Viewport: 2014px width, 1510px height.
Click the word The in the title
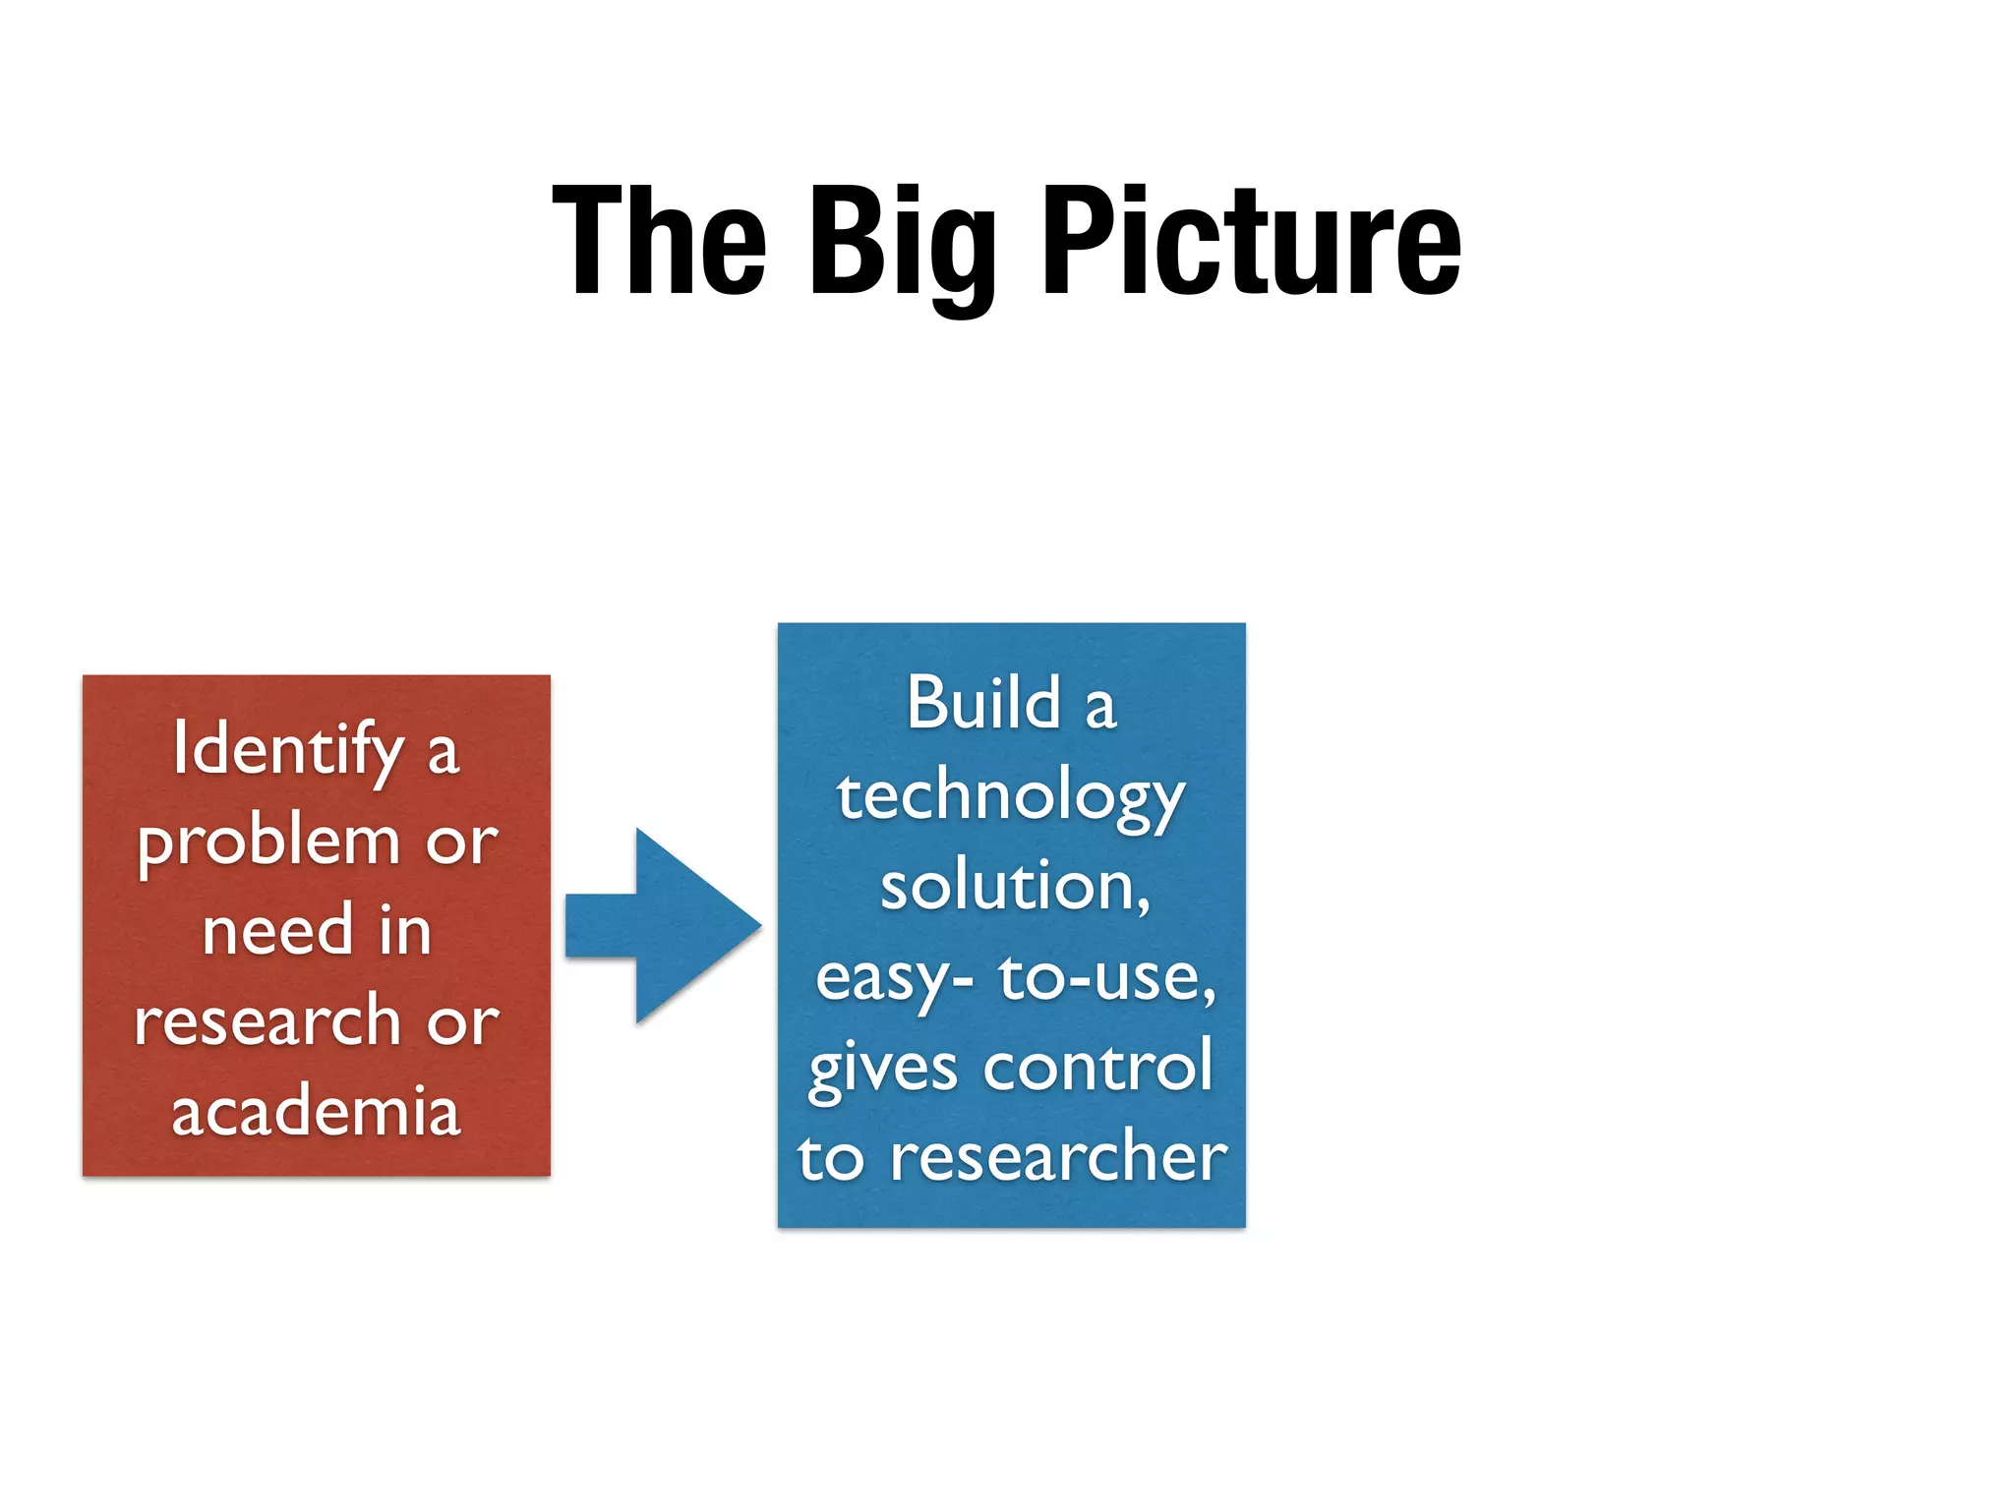(659, 241)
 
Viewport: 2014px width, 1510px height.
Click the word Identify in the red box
(288, 749)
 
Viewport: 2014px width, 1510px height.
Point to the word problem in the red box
(268, 843)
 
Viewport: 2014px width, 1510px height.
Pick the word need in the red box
(277, 930)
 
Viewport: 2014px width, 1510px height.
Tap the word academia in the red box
(316, 1111)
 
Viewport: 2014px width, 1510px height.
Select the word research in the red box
(267, 1020)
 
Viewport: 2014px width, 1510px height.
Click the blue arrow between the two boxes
(669, 925)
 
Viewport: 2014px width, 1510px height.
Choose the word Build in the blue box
(983, 704)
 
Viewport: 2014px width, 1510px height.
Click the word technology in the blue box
(1011, 796)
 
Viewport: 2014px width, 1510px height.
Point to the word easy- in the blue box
(894, 979)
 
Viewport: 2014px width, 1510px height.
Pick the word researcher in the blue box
(1058, 1157)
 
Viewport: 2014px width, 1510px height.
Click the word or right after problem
(461, 842)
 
